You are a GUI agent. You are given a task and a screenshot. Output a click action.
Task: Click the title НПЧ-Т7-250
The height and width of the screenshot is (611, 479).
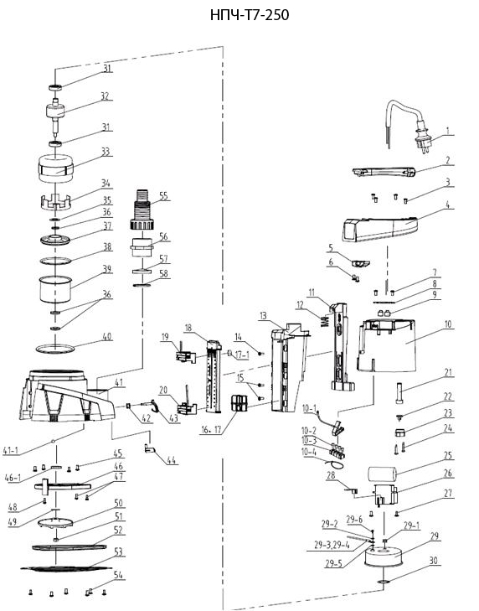250,15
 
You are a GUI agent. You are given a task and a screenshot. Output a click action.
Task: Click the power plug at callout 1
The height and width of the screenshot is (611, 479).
423,141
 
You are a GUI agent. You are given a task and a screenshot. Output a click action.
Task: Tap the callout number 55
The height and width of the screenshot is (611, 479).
163,196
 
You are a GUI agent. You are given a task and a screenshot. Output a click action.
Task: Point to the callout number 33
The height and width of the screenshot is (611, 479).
106,152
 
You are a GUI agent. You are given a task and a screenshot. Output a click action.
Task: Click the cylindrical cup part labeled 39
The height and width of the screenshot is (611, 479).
56,289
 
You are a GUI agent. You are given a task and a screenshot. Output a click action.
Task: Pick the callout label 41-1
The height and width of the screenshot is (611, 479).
11,451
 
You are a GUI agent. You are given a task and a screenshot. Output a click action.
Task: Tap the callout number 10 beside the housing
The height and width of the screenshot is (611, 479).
448,324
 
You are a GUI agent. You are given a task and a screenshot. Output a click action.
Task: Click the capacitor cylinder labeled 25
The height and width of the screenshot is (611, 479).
382,474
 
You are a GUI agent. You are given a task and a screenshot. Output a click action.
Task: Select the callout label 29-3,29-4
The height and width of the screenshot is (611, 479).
332,545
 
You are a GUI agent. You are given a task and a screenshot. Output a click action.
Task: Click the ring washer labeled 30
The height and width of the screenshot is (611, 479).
383,583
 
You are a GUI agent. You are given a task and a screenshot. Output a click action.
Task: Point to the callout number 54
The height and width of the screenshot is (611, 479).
118,575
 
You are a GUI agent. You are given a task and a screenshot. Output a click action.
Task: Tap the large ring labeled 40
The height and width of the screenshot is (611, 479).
55,350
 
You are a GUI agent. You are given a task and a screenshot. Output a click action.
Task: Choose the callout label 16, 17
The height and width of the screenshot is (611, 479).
211,430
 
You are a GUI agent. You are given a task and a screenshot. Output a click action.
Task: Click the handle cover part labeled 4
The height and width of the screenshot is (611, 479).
379,230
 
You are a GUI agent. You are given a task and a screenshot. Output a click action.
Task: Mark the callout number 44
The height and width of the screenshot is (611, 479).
172,460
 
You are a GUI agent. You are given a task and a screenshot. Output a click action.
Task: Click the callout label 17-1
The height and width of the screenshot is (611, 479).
242,355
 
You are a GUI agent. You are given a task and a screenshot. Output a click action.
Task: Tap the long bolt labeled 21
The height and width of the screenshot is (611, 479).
400,394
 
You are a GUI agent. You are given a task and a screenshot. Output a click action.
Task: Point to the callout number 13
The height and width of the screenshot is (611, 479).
264,315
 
